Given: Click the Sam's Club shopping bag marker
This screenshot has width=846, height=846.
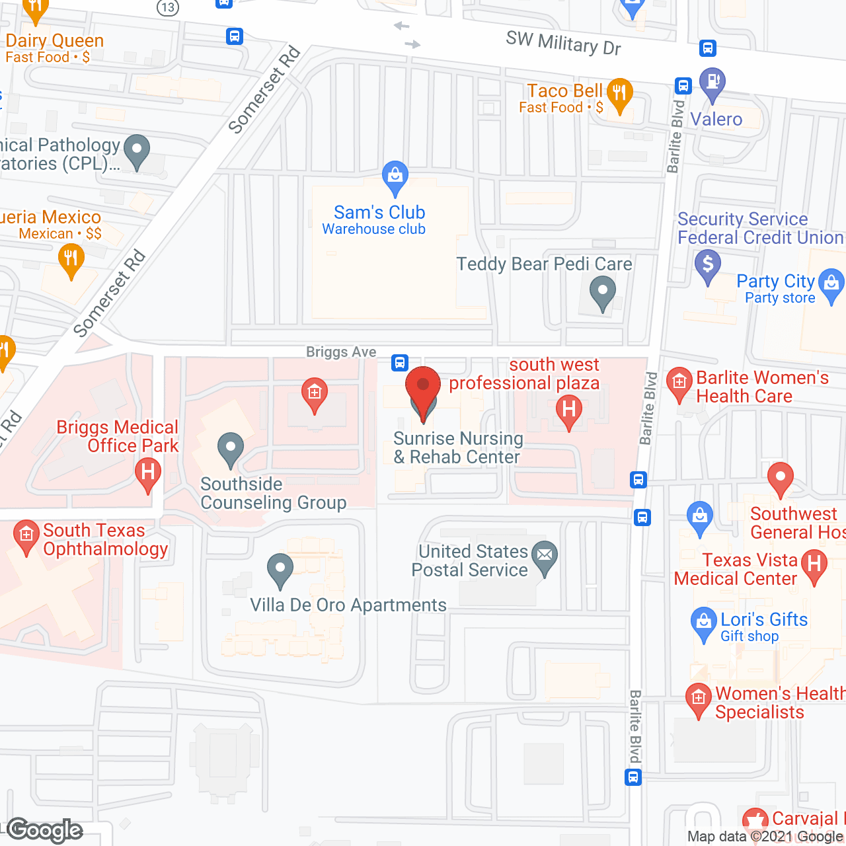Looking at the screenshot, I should point(395,176).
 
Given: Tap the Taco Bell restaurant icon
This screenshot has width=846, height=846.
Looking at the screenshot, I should point(619,94).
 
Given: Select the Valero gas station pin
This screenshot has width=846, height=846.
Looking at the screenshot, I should point(712,83).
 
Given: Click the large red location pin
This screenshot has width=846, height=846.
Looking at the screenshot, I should point(423,387).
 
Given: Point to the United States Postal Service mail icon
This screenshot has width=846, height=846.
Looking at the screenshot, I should point(545,556).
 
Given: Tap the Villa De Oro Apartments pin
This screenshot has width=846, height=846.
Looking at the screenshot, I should point(280,568).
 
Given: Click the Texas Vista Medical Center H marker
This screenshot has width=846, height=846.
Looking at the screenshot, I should point(814,564).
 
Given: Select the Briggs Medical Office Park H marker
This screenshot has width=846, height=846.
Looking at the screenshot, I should point(148,473).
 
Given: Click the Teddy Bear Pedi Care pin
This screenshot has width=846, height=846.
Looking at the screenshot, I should point(602,291).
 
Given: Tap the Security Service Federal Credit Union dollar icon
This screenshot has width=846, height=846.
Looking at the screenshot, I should point(708,265).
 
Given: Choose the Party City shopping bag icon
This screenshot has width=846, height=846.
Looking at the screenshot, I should point(831,284).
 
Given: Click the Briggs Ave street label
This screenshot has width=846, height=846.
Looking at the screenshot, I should point(341,352).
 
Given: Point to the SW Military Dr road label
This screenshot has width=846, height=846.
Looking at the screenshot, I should point(563,44).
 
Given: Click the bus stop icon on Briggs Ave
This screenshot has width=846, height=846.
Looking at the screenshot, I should point(400,362).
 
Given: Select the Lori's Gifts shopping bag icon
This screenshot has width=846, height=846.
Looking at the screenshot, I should point(703,622).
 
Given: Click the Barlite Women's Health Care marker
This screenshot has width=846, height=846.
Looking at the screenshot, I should point(679,383).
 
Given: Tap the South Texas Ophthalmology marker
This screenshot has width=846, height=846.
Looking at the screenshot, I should point(26,535).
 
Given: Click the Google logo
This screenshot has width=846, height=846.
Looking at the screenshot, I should point(45,830).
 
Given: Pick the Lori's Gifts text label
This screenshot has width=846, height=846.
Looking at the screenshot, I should point(764,619).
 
